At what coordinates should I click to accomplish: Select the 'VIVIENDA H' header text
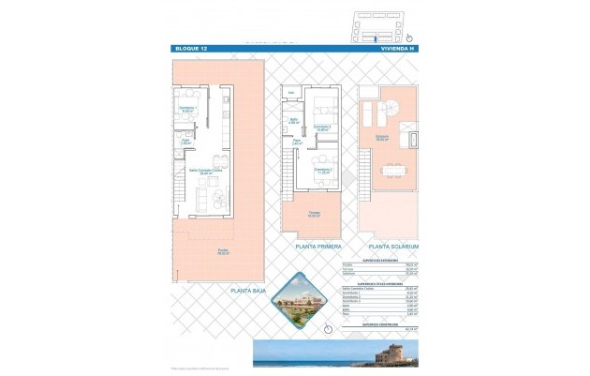(x=396, y=48)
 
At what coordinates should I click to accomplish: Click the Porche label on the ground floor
(x=223, y=251)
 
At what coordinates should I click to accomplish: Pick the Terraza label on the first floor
(x=316, y=214)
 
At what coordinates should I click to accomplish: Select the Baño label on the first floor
(x=293, y=121)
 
